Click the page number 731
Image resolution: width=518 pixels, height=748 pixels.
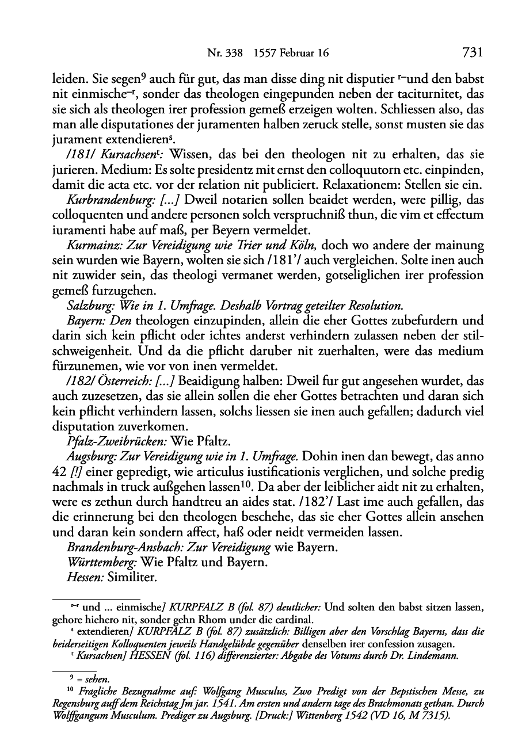[x=471, y=53]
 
